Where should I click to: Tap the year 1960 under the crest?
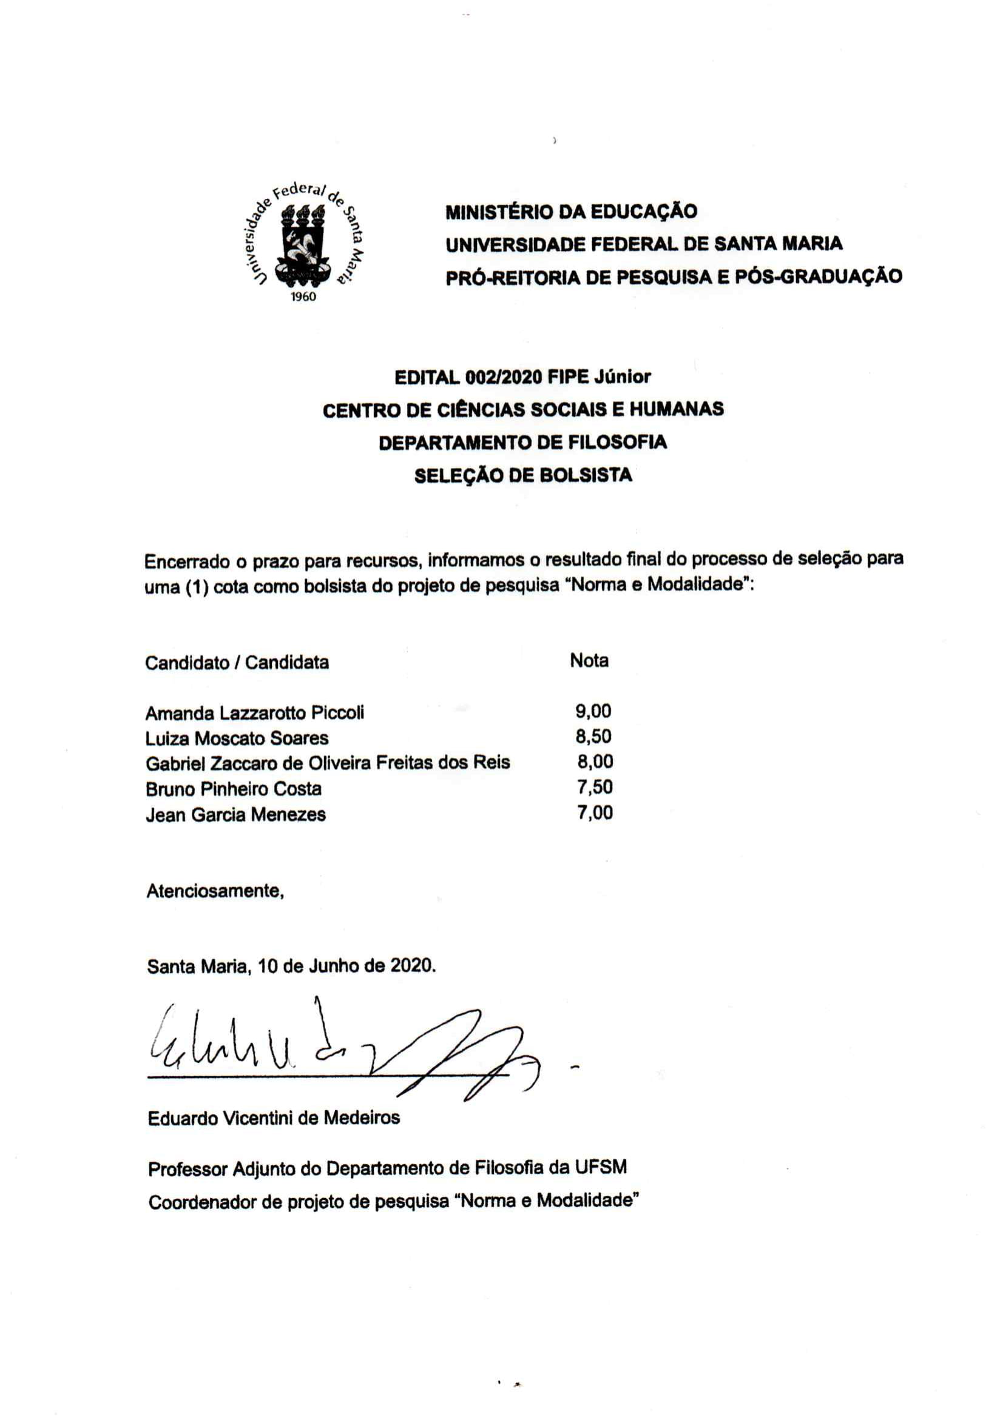[303, 297]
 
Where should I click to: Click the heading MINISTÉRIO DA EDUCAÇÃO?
[572, 212]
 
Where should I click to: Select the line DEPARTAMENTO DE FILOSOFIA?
[522, 442]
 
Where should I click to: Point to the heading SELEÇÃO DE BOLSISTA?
[522, 475]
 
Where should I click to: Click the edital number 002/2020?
[504, 377]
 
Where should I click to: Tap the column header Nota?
[589, 660]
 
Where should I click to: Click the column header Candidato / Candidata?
[237, 662]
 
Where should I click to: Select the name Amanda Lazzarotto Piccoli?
[254, 713]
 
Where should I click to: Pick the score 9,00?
[593, 711]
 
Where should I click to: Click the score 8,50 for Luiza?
[593, 736]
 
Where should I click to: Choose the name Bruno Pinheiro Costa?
[234, 789]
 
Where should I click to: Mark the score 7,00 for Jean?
[595, 812]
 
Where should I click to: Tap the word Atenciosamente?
[214, 891]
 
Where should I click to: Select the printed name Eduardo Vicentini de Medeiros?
[274, 1117]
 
